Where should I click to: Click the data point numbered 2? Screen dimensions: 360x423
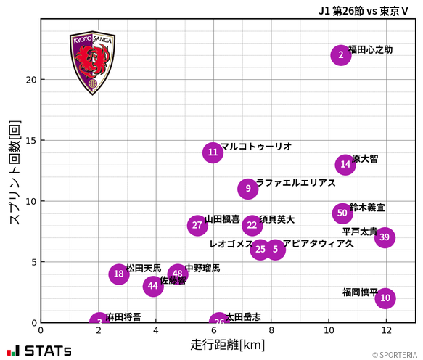point(340,55)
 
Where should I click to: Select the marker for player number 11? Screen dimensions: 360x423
point(213,152)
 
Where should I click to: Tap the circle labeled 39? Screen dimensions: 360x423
point(385,237)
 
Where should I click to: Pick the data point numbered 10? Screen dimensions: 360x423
point(385,298)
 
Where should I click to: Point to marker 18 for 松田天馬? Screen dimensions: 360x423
point(119,274)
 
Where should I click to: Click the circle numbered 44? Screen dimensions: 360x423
point(152,286)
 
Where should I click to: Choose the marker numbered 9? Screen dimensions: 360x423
point(248,189)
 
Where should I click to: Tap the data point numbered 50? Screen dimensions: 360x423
point(342,213)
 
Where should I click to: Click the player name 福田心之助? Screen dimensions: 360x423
point(370,50)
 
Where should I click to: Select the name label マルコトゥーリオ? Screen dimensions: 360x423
point(256,147)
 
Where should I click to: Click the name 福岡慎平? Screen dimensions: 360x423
point(360,292)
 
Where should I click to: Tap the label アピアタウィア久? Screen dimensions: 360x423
point(318,244)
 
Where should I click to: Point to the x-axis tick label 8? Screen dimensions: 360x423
point(271,331)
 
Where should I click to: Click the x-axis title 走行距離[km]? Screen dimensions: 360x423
point(228,344)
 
